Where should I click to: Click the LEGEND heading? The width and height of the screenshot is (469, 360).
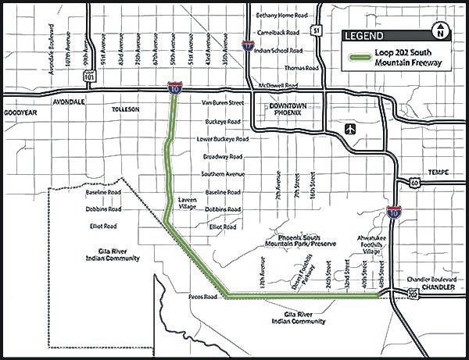[x=364, y=37]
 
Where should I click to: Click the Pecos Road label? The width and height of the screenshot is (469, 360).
[x=202, y=298]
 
